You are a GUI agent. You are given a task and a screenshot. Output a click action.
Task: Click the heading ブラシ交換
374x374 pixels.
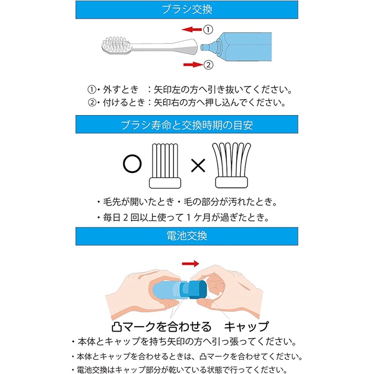pos(187,9)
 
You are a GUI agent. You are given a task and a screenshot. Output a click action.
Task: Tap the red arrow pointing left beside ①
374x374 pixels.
pos(192,29)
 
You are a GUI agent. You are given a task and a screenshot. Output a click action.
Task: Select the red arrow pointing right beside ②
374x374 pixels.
pos(193,64)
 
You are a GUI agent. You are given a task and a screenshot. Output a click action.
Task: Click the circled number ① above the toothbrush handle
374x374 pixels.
pos(208,30)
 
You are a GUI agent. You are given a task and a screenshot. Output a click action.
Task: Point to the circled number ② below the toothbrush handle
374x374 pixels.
pos(208,64)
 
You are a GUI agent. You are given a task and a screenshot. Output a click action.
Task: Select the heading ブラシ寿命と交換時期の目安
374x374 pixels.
pos(187,124)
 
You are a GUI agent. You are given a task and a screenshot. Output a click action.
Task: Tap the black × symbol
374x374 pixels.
pos(198,165)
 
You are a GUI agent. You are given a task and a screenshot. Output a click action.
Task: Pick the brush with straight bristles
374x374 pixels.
pos(165,166)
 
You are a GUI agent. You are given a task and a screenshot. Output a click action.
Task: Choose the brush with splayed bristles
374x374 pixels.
pos(231,165)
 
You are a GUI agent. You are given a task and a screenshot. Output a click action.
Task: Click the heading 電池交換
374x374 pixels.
pos(187,236)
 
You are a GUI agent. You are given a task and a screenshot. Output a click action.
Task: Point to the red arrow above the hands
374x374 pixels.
pos(191,264)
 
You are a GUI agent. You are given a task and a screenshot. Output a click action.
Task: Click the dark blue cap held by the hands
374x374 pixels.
pos(198,290)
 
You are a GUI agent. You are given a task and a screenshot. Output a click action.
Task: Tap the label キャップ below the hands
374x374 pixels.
pos(246,326)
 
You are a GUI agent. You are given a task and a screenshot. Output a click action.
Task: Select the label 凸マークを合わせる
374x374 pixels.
pos(161,327)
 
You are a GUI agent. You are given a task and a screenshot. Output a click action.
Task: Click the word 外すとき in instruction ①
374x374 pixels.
pos(121,89)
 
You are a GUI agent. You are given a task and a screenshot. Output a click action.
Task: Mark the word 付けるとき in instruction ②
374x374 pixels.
pos(124,102)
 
